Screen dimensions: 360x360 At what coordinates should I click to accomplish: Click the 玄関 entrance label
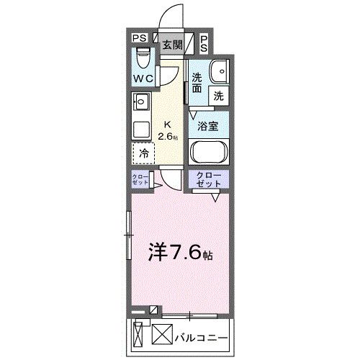pyautogui.click(x=171, y=45)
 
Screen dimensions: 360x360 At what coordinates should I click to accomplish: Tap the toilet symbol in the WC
pyautogui.click(x=143, y=55)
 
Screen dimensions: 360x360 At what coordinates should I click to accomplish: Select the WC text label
pyautogui.click(x=143, y=78)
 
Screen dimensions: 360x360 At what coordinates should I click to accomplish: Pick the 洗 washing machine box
pyautogui.click(x=217, y=94)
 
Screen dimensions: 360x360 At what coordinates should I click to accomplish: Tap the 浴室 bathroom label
pyautogui.click(x=209, y=125)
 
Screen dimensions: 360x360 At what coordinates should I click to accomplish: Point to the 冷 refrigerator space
pyautogui.click(x=143, y=153)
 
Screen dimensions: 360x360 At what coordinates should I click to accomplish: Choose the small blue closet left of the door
pyautogui.click(x=140, y=180)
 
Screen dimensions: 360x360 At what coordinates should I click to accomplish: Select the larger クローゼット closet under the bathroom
pyautogui.click(x=207, y=179)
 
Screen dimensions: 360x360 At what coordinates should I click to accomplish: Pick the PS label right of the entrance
pyautogui.click(x=204, y=43)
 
